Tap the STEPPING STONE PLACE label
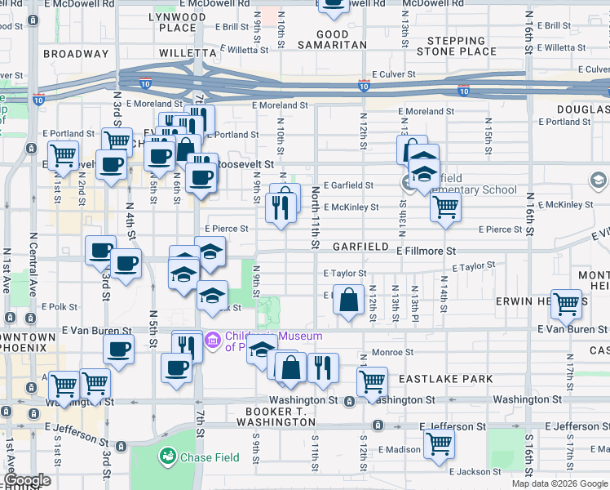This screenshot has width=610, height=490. click(456, 46)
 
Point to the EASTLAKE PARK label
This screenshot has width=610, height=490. click(445, 379)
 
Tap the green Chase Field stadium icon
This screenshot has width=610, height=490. click(168, 457)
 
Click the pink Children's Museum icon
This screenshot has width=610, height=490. click(212, 338)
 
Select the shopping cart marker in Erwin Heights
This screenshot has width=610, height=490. click(566, 304)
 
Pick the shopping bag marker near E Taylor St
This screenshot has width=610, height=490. click(349, 299)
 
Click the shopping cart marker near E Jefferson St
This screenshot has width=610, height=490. click(439, 444)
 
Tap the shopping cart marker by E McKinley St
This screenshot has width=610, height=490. click(445, 207)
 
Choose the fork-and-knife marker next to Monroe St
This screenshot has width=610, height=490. click(323, 367)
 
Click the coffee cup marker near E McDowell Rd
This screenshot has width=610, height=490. click(333, 4)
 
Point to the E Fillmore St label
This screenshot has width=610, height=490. click(427, 252)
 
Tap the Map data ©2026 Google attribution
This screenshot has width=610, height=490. click(559, 483)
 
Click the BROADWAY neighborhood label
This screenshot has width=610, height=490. click(76, 54)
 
